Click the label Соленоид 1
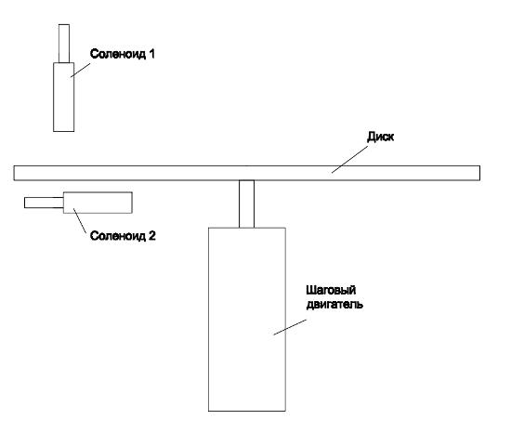[x=123, y=54]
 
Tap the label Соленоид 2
[x=123, y=236]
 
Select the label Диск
[x=380, y=137]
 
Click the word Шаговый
[x=331, y=290]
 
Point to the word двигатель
[x=334, y=305]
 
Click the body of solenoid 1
[x=63, y=98]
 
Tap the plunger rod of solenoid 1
[x=64, y=44]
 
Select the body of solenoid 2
[x=98, y=203]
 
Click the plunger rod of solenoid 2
[x=44, y=203]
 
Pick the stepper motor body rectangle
[x=247, y=320]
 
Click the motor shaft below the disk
[x=247, y=203]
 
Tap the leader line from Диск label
[x=349, y=159]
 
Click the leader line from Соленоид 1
[x=81, y=70]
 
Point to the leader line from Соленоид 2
[x=80, y=220]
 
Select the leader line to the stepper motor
[x=290, y=327]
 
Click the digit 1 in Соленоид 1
[x=151, y=54]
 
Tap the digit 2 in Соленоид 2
[x=152, y=235]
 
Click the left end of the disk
[x=14, y=173]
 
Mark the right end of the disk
[x=479, y=173]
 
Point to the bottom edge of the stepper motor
[x=247, y=411]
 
